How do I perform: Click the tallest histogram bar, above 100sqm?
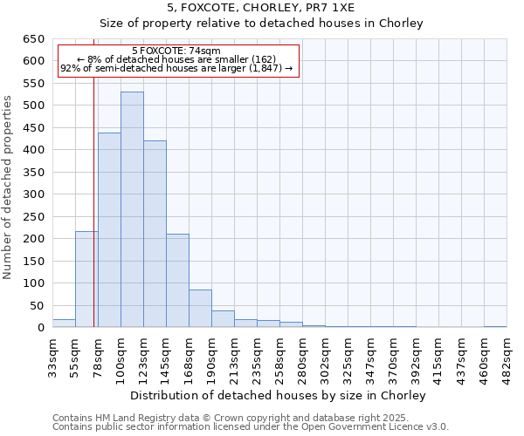coord(132,209)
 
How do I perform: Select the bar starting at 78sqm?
coord(109,230)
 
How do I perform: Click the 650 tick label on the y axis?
coord(33,39)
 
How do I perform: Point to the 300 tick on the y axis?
coord(33,194)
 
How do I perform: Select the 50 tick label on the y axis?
coord(37,305)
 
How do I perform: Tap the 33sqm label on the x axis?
coord(52,358)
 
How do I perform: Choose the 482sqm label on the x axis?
coord(507,358)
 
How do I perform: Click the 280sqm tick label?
coord(302,358)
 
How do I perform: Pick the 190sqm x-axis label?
coord(211,358)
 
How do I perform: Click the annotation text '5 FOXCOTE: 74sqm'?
coord(177,51)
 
